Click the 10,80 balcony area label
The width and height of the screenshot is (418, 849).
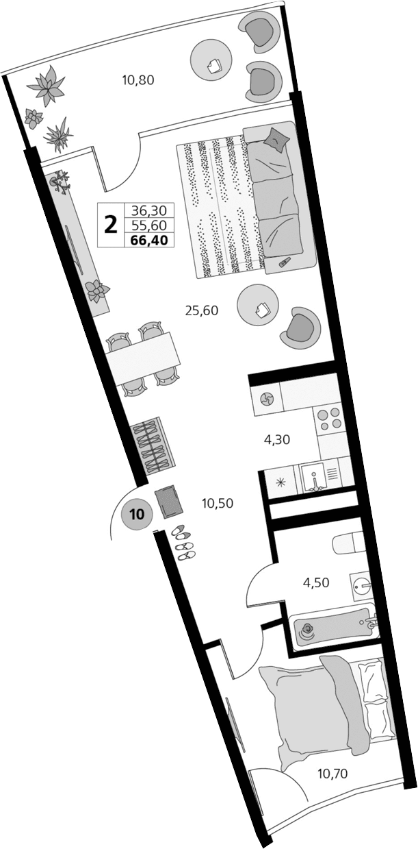click(138, 79)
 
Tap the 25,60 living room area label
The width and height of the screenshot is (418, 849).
click(201, 310)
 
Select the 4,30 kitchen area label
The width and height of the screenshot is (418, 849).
click(277, 440)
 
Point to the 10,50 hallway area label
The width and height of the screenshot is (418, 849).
click(218, 503)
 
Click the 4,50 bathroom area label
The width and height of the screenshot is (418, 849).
click(316, 583)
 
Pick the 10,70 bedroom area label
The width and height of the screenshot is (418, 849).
click(333, 774)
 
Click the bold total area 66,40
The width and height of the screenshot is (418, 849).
click(148, 239)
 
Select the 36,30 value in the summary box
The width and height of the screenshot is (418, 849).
click(148, 210)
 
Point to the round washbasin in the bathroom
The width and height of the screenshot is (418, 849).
click(363, 587)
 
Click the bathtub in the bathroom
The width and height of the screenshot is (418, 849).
click(328, 628)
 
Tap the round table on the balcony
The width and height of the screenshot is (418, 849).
click(214, 63)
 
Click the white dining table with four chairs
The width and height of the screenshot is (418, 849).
click(144, 358)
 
